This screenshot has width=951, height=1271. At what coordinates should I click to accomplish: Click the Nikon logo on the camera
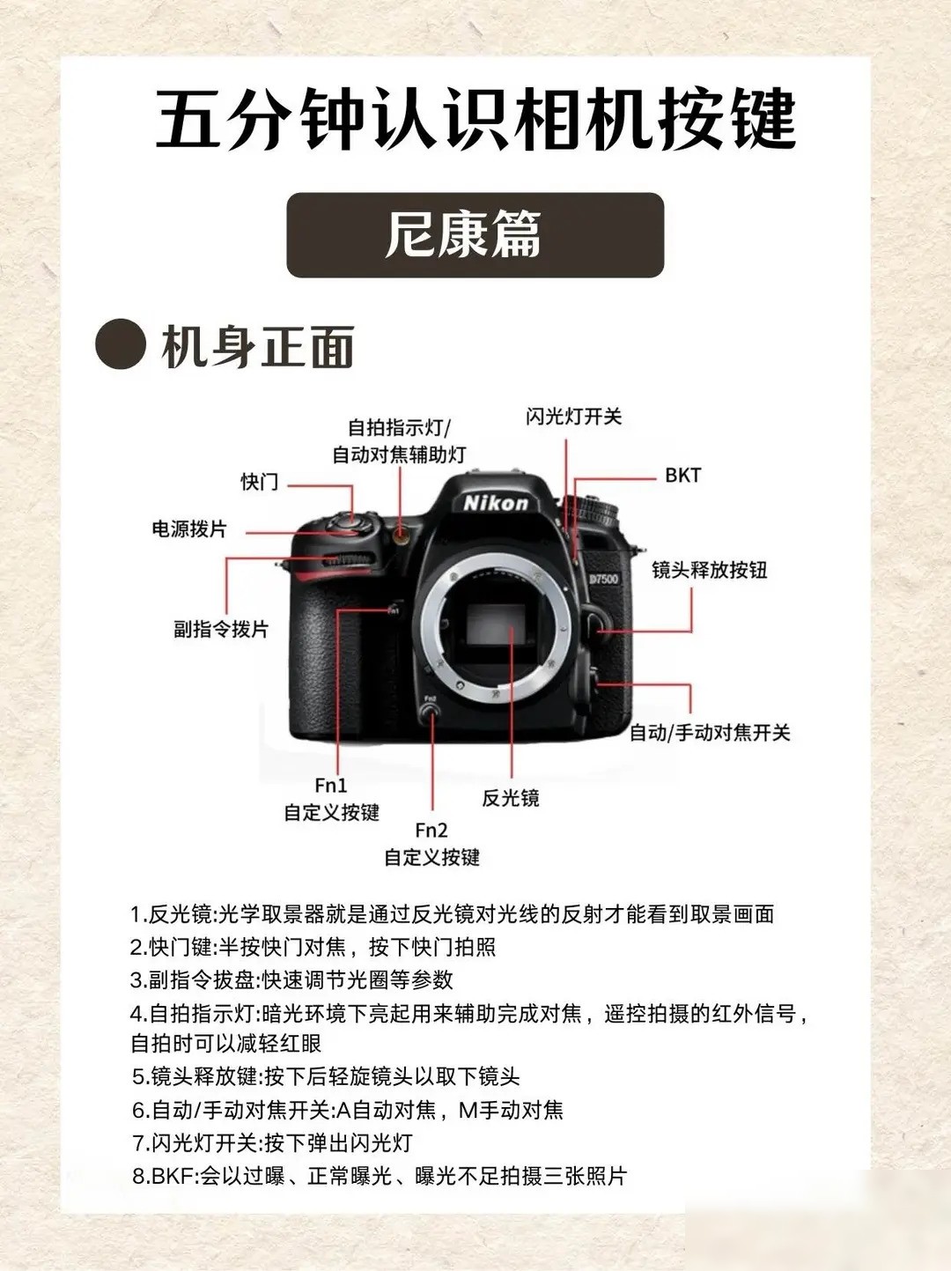pos(496,503)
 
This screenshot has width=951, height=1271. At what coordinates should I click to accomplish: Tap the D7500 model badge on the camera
pos(604,579)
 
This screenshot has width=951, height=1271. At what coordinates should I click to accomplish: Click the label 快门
pos(260,481)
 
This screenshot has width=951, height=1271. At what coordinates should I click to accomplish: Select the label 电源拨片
pos(189,528)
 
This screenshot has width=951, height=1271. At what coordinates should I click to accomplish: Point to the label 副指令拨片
pos(222,629)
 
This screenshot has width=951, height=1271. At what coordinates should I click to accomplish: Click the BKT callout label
pos(683,476)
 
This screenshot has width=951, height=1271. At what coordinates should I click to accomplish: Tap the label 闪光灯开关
pos(573,417)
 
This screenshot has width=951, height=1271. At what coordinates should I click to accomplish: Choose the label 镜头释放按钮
pos(710,570)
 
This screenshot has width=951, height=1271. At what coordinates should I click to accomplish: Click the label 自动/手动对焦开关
pos(710,733)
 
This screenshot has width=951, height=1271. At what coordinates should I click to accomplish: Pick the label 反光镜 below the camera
pos(511,797)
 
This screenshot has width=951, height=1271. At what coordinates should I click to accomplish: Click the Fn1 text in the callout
pos(331,785)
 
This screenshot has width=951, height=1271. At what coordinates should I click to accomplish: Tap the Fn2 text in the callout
pos(431,830)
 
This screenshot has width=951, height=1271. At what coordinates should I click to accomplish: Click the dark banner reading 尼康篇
pos(475,234)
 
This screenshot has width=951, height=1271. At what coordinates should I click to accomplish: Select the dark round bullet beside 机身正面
pos(121,344)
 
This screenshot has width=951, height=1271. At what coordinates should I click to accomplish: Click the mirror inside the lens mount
pos(495,624)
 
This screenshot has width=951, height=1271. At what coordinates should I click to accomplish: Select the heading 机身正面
pos(258,346)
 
